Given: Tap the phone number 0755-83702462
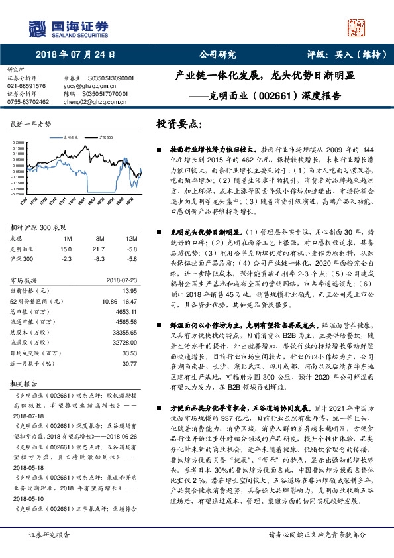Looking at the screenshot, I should point(28,102).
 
